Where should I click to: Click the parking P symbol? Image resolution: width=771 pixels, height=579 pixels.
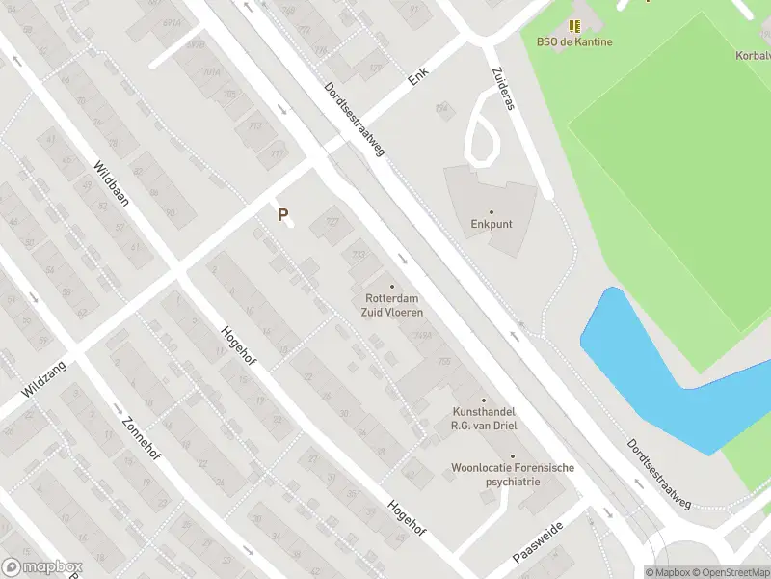tap(283, 215)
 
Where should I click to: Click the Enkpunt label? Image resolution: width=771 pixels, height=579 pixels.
tap(492, 225)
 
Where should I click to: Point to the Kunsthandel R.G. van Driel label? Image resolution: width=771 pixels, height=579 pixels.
tap(483, 418)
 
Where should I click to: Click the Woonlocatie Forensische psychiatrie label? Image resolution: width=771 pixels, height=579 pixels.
tap(513, 474)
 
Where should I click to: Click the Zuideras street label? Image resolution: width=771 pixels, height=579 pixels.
tap(503, 88)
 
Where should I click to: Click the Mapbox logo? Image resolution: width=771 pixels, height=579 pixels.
tap(40, 567)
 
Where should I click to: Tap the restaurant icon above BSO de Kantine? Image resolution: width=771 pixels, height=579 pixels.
tap(575, 26)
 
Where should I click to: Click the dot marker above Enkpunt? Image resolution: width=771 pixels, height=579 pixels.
tap(491, 211)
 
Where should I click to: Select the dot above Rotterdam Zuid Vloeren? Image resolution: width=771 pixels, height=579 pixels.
tap(392, 286)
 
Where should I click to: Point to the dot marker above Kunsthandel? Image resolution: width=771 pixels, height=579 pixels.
tap(483, 400)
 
